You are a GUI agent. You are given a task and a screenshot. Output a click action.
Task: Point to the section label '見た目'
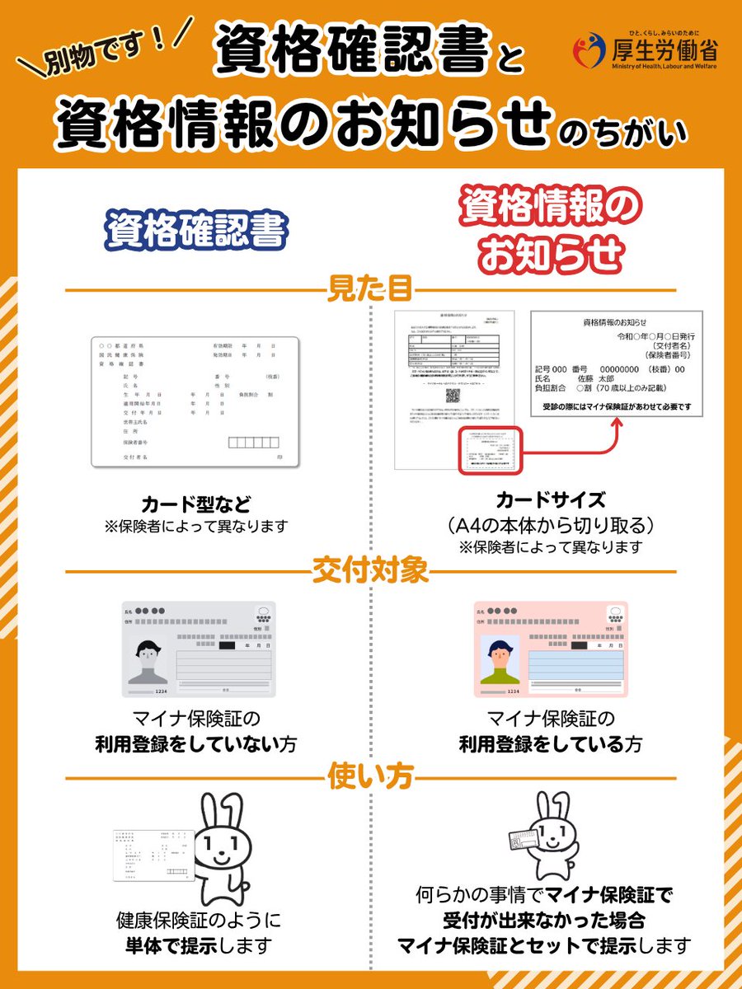pos(370,290)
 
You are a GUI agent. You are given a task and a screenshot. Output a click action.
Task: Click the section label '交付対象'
pos(370,570)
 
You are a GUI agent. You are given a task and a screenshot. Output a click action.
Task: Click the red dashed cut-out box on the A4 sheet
pos(491,450)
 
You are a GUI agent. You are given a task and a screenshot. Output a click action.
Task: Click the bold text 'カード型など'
pos(195,504)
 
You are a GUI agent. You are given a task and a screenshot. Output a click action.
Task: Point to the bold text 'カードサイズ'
pos(551,500)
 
